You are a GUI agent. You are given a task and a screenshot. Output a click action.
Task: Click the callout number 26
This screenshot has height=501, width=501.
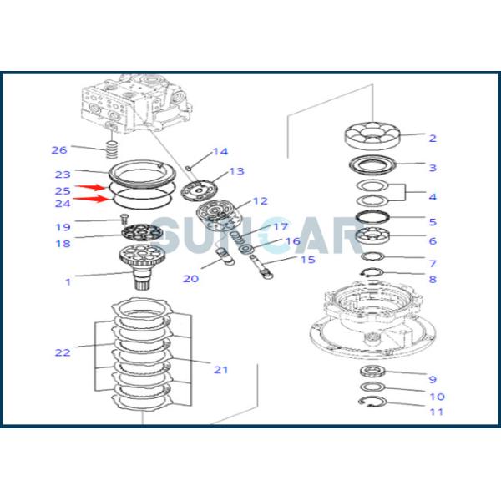pyautogui.click(x=58, y=150)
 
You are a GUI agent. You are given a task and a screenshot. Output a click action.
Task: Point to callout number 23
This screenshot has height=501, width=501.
pyautogui.click(x=63, y=175)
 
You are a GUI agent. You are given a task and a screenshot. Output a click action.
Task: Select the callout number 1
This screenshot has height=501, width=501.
pyautogui.click(x=68, y=282)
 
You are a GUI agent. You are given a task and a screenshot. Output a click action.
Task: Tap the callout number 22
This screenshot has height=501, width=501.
pyautogui.click(x=63, y=352)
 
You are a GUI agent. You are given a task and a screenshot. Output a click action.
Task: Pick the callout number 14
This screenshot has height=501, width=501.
pyautogui.click(x=220, y=152)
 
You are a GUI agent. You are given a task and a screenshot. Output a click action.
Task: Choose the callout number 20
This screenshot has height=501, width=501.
pyautogui.click(x=191, y=278)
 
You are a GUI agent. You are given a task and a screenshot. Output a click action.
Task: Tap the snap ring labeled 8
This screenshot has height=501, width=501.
pyautogui.click(x=374, y=273)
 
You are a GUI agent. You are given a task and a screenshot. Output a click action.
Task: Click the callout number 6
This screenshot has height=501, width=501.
pyautogui.click(x=433, y=240)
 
